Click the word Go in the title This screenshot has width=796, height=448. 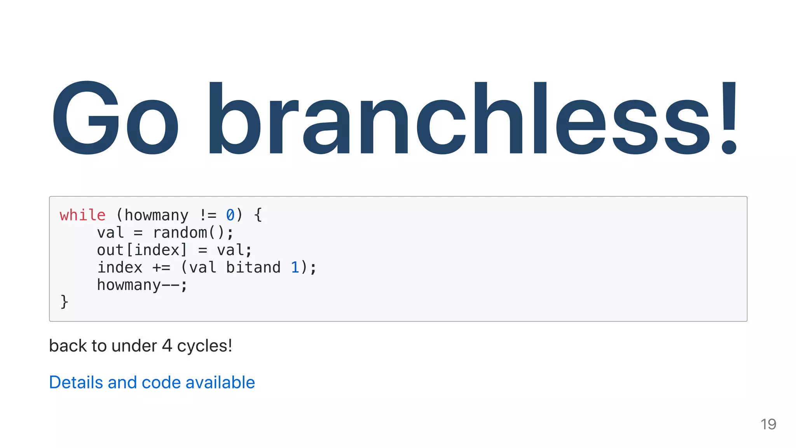tap(115, 118)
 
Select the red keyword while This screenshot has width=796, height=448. tap(82, 215)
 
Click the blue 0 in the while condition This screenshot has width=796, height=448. tap(230, 215)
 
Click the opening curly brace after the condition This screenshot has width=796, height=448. tap(258, 215)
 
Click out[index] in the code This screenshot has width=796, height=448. tap(142, 250)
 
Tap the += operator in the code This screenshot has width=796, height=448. tap(161, 268)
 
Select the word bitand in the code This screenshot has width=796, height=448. tap(253, 268)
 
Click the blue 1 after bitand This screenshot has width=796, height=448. tap(295, 268)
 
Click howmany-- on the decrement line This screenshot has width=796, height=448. tap(138, 285)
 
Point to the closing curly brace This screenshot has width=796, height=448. tap(64, 302)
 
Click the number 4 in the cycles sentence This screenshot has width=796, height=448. tap(167, 346)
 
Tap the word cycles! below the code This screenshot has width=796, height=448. tap(204, 346)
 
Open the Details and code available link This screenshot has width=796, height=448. tap(152, 382)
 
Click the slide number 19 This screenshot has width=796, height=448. tap(768, 424)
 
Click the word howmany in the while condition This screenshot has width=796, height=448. tap(156, 215)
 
